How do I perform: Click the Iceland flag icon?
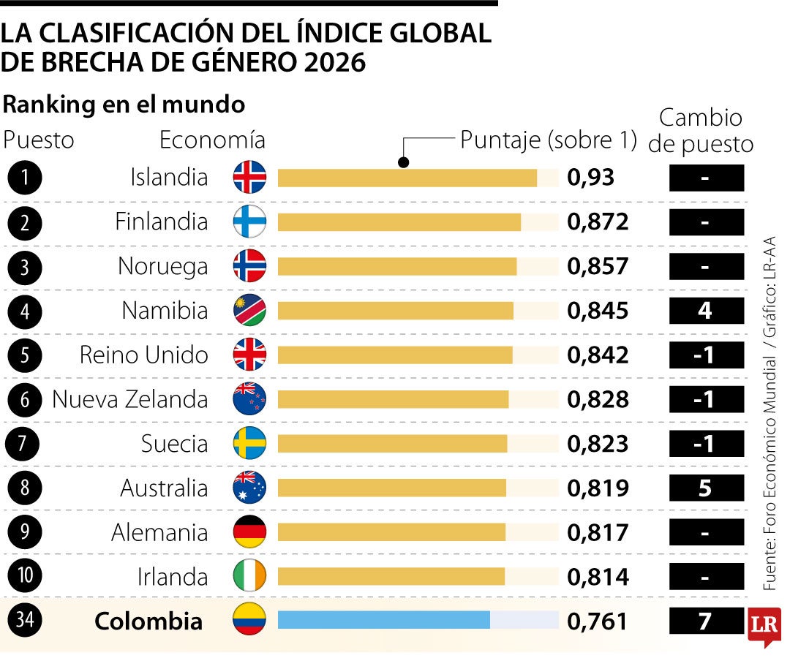pyautogui.click(x=249, y=177)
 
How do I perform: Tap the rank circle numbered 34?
pyautogui.click(x=25, y=620)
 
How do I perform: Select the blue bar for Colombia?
pyautogui.click(x=384, y=620)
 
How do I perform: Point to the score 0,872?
pyautogui.click(x=598, y=222)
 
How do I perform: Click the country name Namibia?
pyautogui.click(x=165, y=311)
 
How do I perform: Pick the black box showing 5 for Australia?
pyautogui.click(x=707, y=488)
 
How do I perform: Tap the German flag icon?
pyautogui.click(x=249, y=532)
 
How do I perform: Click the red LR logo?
pyautogui.click(x=764, y=627)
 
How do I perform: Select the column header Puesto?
pyautogui.click(x=38, y=140)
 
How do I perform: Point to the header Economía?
pyautogui.click(x=212, y=140)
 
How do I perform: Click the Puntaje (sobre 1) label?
pyautogui.click(x=549, y=140)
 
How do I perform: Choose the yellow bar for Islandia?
pyautogui.click(x=407, y=178)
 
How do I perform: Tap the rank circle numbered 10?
pyautogui.click(x=25, y=575)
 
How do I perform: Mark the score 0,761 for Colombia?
pyautogui.click(x=598, y=621)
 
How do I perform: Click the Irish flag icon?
pyautogui.click(x=249, y=575)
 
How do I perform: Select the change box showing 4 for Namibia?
pyautogui.click(x=707, y=311)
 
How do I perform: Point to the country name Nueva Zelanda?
pyautogui.click(x=130, y=399)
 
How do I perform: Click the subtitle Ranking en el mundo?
pyautogui.click(x=124, y=105)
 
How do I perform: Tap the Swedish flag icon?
pyautogui.click(x=249, y=444)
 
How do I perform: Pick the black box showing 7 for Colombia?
pyautogui.click(x=707, y=621)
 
